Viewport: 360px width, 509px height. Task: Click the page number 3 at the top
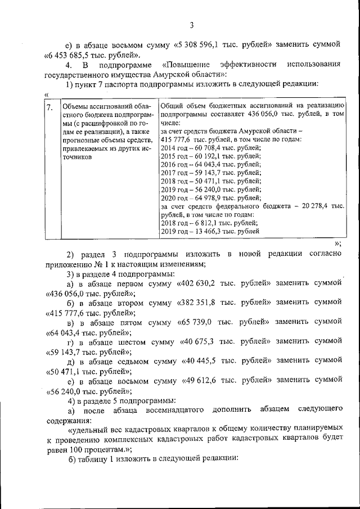click(x=191, y=25)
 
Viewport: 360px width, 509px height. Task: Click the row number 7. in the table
click(x=50, y=107)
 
